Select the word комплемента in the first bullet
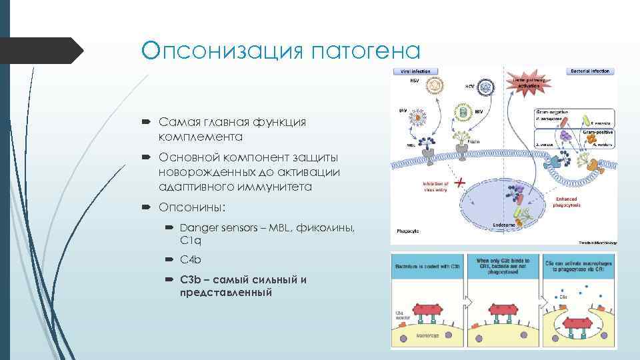coord(200,137)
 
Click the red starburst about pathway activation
coord(525,85)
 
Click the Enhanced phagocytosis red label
coord(567,201)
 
